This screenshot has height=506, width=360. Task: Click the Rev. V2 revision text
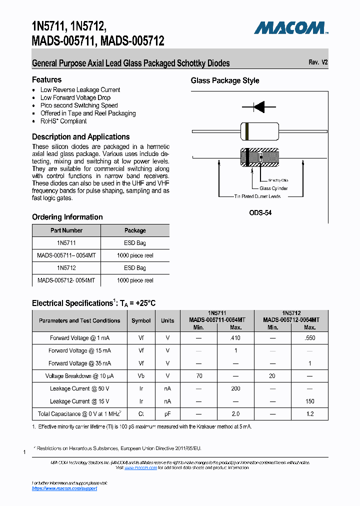point(318,62)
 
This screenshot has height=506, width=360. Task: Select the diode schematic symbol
point(259,106)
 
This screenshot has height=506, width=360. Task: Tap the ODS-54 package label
point(260,212)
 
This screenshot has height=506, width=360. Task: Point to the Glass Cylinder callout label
point(273,188)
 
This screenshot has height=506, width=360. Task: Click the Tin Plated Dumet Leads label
point(257,196)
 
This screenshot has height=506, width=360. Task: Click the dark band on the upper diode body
point(247,131)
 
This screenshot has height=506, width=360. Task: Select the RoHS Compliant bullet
point(63,121)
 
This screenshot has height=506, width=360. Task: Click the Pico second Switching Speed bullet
point(79,105)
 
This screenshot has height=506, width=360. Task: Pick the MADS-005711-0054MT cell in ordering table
point(66,255)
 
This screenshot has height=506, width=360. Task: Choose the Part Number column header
point(66,230)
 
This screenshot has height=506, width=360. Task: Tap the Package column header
point(135,230)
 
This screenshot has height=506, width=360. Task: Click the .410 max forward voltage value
point(235,338)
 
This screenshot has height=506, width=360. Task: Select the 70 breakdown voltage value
point(198,376)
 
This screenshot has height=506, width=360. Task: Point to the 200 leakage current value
point(235,388)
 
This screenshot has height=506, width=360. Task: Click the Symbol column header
point(141,320)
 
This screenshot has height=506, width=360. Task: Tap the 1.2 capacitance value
point(309,414)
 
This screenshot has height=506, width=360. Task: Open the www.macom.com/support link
point(64,488)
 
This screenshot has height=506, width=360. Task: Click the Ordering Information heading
point(67,217)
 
